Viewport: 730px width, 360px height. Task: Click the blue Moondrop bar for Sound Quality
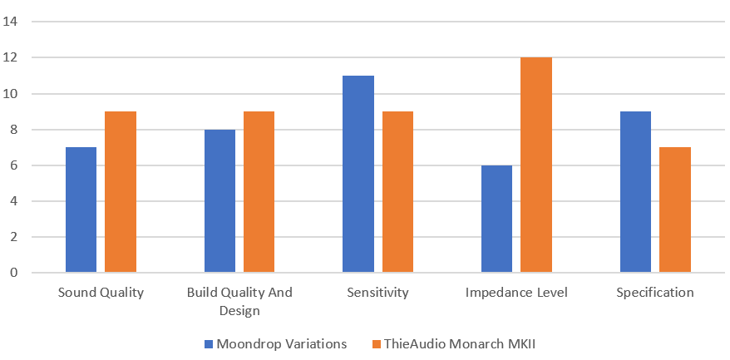coord(81,210)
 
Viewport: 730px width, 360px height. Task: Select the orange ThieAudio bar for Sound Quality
coord(120,192)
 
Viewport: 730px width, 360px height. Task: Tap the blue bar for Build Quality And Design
coord(219,201)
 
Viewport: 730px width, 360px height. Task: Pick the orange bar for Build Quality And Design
coord(259,192)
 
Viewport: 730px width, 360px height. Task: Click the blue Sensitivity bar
coord(358,174)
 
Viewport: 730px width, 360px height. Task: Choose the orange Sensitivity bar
coord(397,192)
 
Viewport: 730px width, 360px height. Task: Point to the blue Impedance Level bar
coord(497,219)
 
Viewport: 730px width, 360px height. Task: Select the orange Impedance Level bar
coord(536,165)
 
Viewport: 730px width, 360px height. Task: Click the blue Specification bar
coord(636,192)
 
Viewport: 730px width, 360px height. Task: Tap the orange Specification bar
coord(675,210)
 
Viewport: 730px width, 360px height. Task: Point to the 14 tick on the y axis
coord(12,22)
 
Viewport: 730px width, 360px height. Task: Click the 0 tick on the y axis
coord(15,273)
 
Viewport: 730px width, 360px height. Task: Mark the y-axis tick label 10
coord(12,93)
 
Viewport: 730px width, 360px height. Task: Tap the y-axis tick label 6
coord(15,165)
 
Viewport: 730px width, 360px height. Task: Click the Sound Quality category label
coord(101,293)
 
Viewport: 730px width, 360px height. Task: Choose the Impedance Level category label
coord(516,293)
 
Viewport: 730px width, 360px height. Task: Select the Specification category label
coord(655,293)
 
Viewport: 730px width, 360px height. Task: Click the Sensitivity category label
coord(377,293)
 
